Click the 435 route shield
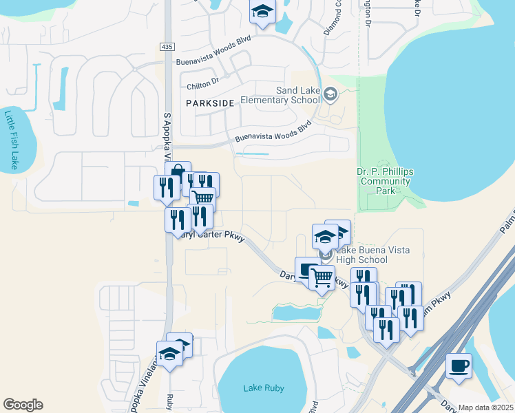tap(171, 46)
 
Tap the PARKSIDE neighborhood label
tap(210, 103)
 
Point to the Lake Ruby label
tap(263, 388)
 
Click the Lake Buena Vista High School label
tap(371, 255)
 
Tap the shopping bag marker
tap(178, 172)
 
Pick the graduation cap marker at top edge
tap(262, 12)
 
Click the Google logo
tap(23, 405)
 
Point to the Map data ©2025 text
tap(486, 407)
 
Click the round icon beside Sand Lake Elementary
tap(330, 94)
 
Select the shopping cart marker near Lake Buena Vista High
tap(322, 277)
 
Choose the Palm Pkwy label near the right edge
tap(506, 222)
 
